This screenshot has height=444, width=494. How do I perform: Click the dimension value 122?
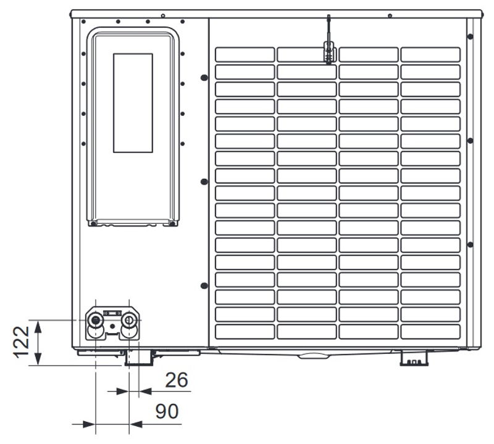pos(21,342)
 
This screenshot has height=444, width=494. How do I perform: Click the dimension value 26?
pos(177,380)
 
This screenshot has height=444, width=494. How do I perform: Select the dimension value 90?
pos(167,411)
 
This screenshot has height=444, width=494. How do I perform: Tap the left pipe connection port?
pos(95,321)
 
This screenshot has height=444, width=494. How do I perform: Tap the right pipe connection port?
pos(129,321)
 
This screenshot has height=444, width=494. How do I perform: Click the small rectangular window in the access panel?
pos(133,103)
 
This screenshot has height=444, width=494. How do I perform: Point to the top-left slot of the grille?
pos(245,54)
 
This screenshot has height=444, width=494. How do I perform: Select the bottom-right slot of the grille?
pos(430,332)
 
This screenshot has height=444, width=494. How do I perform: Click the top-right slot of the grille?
pos(430,54)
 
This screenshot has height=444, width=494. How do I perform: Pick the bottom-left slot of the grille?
pos(245,332)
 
